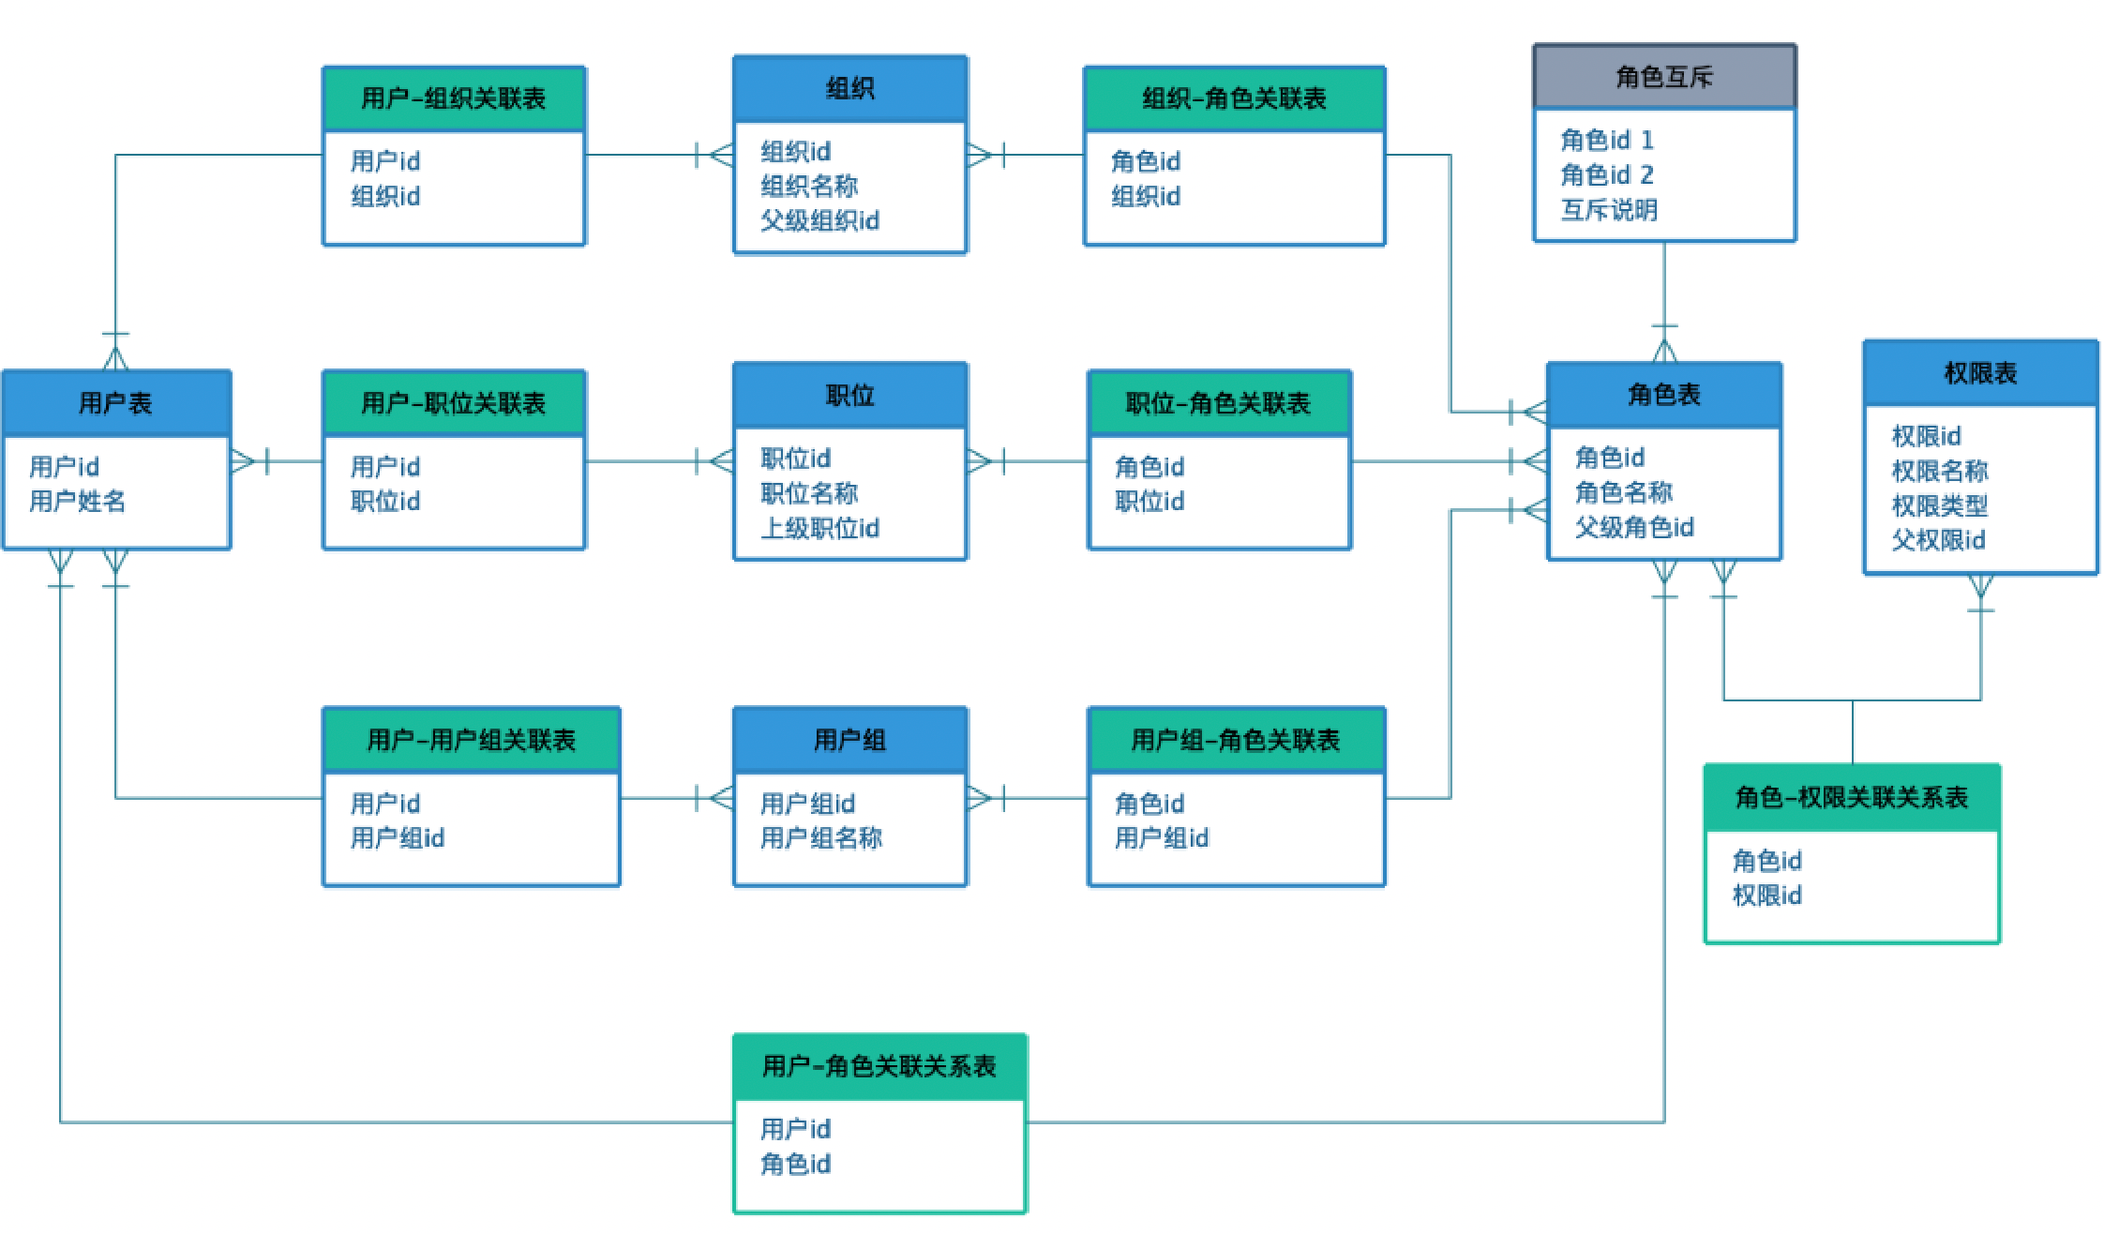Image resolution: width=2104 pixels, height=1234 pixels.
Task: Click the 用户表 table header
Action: pos(115,403)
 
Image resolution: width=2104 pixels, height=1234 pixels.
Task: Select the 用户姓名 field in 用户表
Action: pos(77,502)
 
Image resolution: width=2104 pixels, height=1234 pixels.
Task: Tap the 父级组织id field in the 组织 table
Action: pos(819,221)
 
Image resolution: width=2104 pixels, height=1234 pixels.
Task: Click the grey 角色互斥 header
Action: pos(1664,77)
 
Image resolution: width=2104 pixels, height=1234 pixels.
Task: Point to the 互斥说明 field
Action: pos(1609,210)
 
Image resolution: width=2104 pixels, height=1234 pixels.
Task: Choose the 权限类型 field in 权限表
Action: pos(1939,506)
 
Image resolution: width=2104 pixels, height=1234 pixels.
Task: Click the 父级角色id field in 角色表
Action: pos(1634,528)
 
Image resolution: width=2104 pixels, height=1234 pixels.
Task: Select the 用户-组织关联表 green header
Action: pos(454,98)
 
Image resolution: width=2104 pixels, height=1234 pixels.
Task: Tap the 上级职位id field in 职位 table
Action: pos(819,529)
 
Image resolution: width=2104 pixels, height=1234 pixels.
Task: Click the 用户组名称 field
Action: pos(821,838)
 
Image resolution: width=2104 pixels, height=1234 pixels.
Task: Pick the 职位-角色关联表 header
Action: pos(1218,403)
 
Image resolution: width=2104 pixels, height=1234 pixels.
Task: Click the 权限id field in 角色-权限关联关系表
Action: pos(1766,896)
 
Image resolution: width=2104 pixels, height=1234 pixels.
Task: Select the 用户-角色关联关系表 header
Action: pos(879,1067)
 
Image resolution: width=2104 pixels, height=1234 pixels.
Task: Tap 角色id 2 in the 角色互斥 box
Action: pos(1607,175)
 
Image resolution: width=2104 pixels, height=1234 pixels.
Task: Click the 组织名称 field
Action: pos(809,187)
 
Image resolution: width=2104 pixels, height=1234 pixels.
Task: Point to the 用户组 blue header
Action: pos(849,741)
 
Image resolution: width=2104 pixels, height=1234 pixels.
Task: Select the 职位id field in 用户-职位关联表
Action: pos(385,502)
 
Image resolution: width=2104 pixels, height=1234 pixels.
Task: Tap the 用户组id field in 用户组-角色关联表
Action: pos(1162,838)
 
